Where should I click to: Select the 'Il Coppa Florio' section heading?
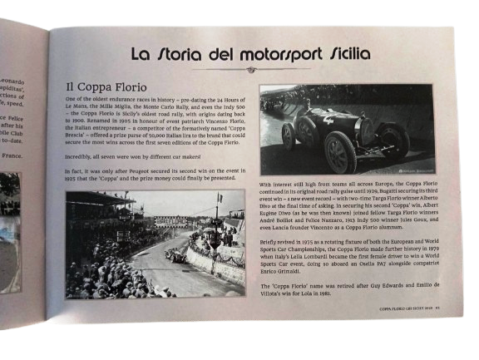coord(106,86)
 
